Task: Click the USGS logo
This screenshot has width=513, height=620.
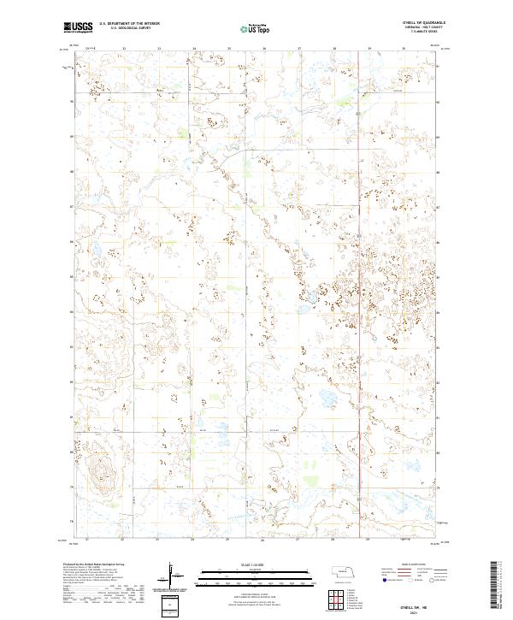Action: [78, 27]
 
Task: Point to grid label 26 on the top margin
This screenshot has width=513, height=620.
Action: [264, 49]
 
